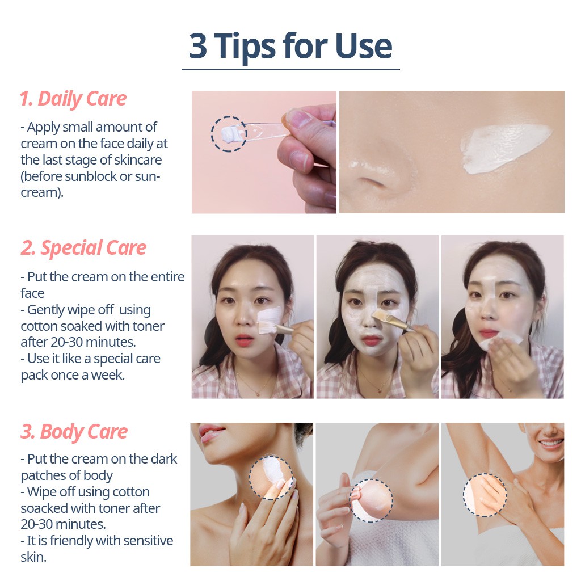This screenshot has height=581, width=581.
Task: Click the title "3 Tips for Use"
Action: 290,46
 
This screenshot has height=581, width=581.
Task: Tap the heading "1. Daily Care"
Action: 73,99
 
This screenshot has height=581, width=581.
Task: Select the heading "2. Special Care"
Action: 83,248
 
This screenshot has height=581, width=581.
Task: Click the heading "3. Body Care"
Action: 74,432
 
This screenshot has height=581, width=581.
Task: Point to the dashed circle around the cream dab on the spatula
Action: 229,134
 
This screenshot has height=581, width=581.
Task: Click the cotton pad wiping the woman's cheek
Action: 499,341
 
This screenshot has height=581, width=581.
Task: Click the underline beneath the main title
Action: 290,69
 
